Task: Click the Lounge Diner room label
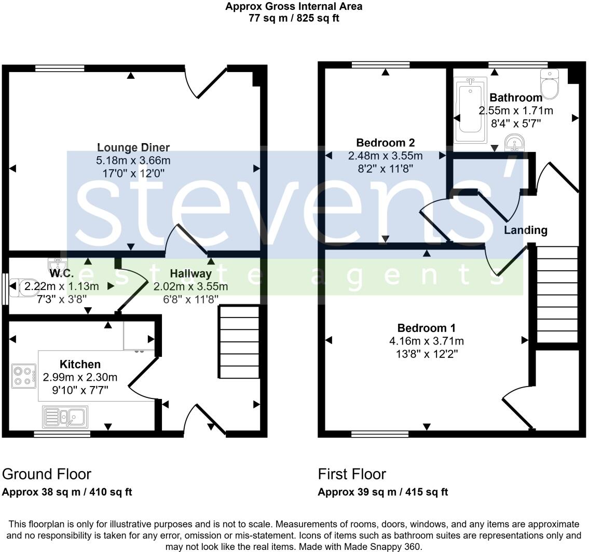coord(133,148)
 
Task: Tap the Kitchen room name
coord(80,364)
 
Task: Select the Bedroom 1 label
coord(426,328)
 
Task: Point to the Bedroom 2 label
coord(385,142)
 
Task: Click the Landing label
coord(526,230)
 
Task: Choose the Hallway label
coord(190,273)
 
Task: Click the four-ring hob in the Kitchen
coord(24,376)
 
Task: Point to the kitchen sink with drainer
coord(65,417)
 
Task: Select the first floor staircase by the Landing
coord(556,294)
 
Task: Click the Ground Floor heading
coord(47,474)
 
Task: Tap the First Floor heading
coord(352,474)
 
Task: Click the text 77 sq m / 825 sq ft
coord(294,18)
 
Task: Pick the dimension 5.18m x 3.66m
coord(133,161)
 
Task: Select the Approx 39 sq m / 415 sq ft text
coord(382,492)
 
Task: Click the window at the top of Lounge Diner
coord(60,67)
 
